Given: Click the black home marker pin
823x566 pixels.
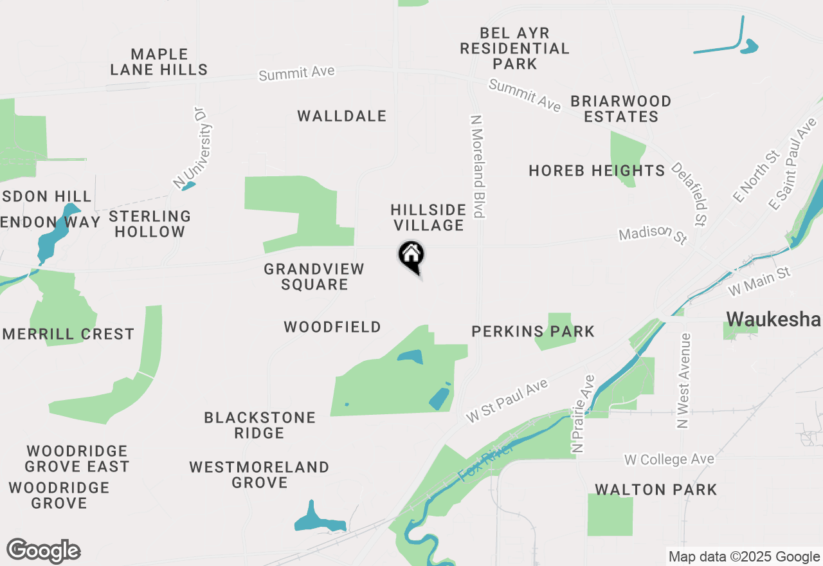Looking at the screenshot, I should coord(411,256).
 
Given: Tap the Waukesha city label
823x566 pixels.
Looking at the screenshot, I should coord(773,320).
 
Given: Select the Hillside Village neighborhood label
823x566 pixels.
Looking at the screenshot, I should coord(428,217).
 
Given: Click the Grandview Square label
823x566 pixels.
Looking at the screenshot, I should coord(314,277).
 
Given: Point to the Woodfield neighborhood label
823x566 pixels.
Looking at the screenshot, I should coord(332,327).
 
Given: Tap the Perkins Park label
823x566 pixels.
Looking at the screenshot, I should coord(533,331).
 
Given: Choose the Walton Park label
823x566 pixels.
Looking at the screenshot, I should coord(655,489).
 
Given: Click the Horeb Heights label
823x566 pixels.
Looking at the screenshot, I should coord(597,170).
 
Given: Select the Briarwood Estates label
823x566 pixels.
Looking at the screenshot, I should coord(621,109).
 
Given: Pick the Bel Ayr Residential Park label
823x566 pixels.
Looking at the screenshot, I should coord(514,48).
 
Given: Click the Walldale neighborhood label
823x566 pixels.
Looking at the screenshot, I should coord(342,116).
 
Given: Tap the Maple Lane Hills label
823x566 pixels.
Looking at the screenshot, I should coord(159,62).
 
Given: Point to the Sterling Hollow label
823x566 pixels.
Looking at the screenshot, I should coord(150,224).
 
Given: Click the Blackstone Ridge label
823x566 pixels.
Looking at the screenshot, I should coord(260,425).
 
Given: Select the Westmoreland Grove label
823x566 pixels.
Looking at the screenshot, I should coord(259,474).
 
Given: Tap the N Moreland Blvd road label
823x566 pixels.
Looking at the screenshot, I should coord(477,167).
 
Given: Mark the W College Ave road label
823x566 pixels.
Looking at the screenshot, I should coord(669,460).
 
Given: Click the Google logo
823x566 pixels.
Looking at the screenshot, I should coord(44,551).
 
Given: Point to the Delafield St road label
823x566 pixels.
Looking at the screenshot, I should coord(689,194).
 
